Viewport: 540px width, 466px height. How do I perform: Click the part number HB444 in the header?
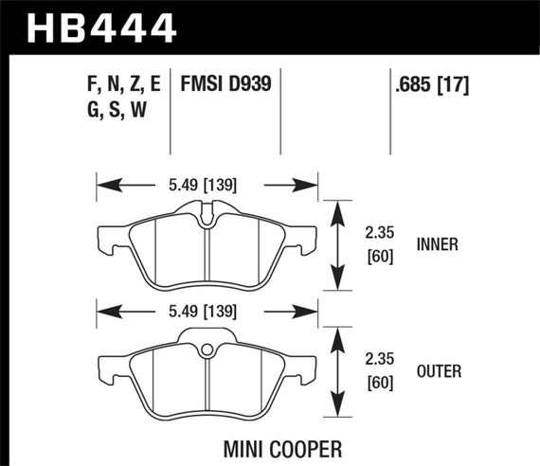[x=102, y=27]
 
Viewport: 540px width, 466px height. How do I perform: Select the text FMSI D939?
[x=226, y=84]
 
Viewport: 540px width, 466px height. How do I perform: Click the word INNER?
[x=437, y=244]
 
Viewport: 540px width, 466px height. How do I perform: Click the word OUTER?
[x=438, y=372]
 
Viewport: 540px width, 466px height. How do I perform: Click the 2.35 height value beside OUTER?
[x=382, y=361]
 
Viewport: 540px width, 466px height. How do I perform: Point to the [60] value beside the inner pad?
[x=382, y=256]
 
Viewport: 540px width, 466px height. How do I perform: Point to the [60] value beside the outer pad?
[x=382, y=383]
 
